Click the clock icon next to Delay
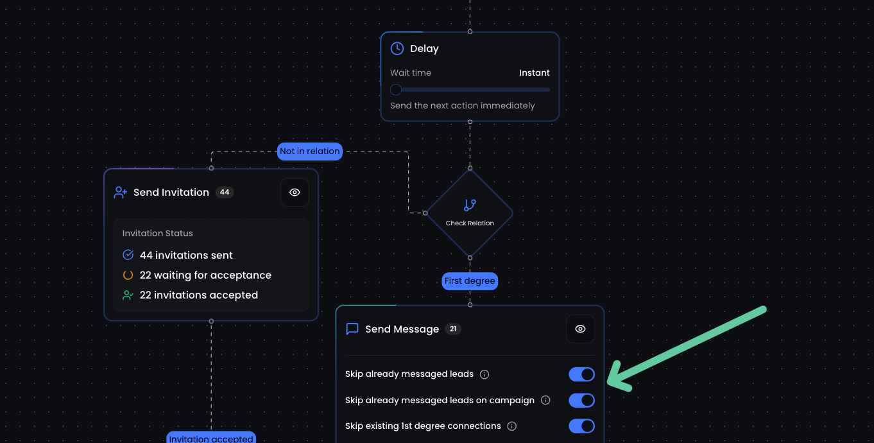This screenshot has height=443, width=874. pos(397,48)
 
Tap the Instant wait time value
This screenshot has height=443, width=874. pos(534,73)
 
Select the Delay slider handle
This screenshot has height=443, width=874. pos(396,90)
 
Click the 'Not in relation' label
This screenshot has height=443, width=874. pos(310,151)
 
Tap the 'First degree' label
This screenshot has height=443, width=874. pos(470,281)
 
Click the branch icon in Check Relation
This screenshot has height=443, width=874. pos(470,205)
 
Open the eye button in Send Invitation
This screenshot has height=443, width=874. pos(295,193)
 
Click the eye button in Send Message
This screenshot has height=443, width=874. pos(580,329)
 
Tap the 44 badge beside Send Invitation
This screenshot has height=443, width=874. pos(225,193)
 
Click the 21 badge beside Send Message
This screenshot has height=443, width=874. pos(452,329)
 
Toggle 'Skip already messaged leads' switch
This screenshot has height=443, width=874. pos(581,374)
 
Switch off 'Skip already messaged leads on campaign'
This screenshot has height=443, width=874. pos(581,401)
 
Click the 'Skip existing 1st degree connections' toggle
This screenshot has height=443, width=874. pos(581,426)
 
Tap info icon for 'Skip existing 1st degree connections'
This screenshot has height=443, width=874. pos(511,426)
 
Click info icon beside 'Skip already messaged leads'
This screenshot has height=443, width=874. pos(484,374)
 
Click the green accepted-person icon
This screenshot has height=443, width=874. pos(128,295)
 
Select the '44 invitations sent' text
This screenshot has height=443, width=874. pos(186,256)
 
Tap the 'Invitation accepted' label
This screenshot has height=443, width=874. pos(211,439)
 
